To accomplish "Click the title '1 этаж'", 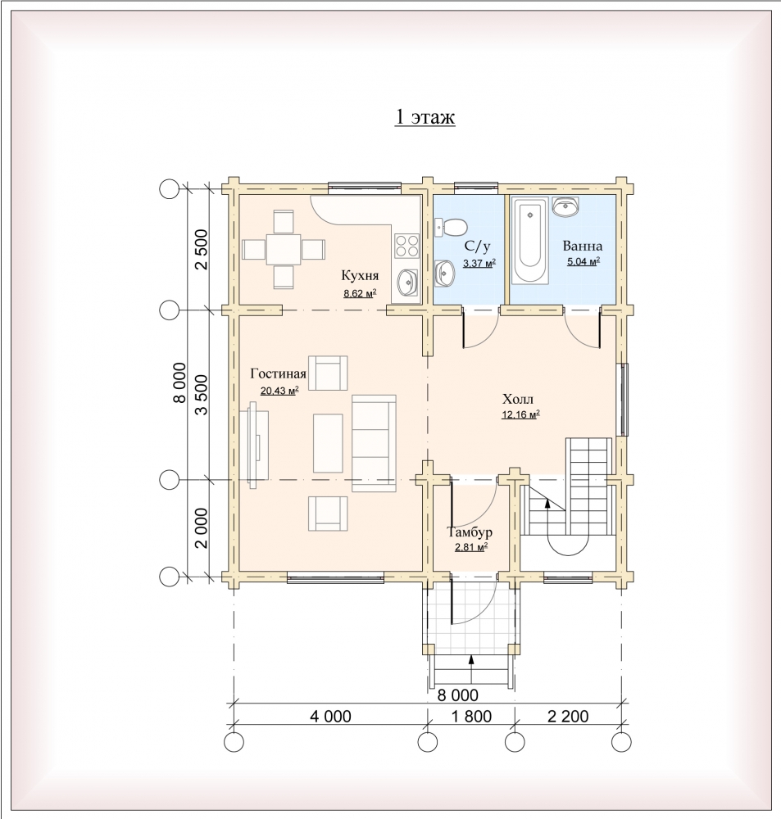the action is point(425,117).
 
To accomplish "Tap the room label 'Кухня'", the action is point(360,275).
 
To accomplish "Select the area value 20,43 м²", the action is point(279,390).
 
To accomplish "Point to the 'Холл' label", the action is point(518,400).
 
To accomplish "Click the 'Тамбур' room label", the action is point(470,532).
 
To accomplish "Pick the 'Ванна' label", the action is point(583,246).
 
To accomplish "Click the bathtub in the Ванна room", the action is point(529,240).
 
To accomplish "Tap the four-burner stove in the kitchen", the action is point(406,246).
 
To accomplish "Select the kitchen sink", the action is point(407,283).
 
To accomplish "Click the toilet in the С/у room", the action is point(451,228).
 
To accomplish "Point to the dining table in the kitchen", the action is point(284,249).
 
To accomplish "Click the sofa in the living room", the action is point(374,443).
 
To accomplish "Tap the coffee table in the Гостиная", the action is point(328,443).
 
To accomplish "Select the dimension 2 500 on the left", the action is point(201,250).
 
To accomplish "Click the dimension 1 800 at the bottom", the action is point(471,716).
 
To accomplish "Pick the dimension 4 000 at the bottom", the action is point(330,716).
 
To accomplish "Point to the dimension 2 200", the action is point(568,716).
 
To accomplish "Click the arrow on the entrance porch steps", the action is point(471,670).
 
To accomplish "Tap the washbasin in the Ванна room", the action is point(565,206).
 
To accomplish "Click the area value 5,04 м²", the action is point(583,261).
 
